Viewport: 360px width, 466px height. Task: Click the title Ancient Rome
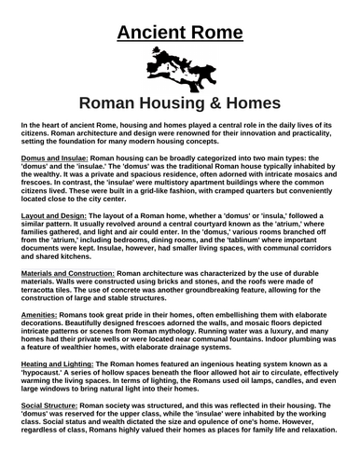pyautogui.click(x=180, y=34)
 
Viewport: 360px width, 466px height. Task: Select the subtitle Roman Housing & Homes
pyautogui.click(x=179, y=105)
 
